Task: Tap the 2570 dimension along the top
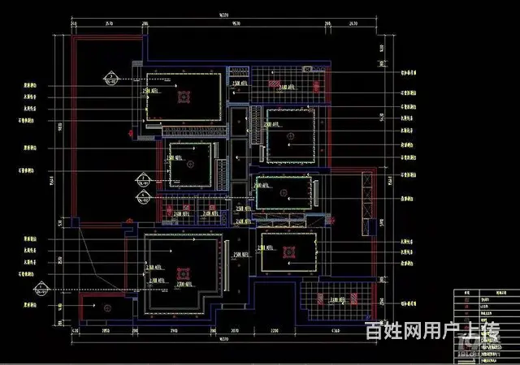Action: [x=108, y=24]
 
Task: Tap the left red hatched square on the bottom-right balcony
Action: [x=321, y=300]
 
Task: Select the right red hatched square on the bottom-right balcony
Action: [x=358, y=300]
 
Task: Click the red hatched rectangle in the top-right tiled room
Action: [x=287, y=86]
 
